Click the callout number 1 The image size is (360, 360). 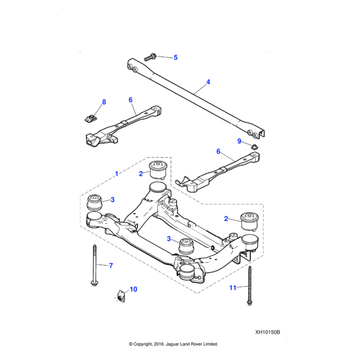[x=116, y=173]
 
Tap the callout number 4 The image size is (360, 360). [x=208, y=82]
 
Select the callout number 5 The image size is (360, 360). [x=176, y=58]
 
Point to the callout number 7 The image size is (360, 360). [x=110, y=265]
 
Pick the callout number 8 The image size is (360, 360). [x=104, y=102]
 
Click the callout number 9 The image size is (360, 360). [x=238, y=141]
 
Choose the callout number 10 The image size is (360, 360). [x=133, y=289]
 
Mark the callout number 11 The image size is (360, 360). [x=233, y=288]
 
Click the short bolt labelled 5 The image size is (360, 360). [x=150, y=56]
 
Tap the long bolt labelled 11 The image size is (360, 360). [x=248, y=285]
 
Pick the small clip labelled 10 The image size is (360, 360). [x=120, y=295]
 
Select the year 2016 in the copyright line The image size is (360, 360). [x=156, y=344]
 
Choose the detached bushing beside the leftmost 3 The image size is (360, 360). [x=94, y=201]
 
